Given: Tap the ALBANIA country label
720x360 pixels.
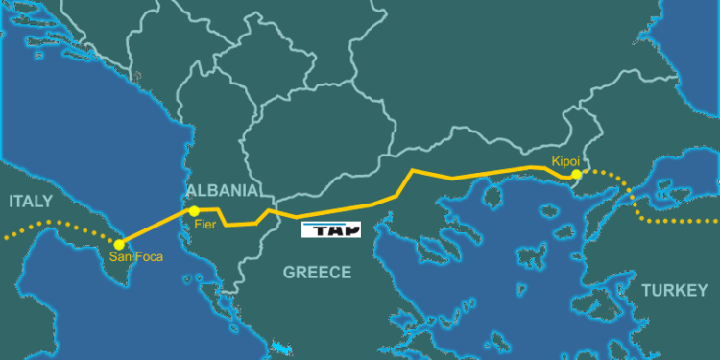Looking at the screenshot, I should [223, 190].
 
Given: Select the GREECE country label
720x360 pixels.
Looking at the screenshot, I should [317, 273].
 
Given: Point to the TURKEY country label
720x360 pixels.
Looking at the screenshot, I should [674, 290].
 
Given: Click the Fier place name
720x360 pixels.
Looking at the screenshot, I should [205, 224].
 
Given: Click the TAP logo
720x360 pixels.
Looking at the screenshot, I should [330, 230].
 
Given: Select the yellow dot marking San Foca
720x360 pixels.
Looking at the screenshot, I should [119, 244].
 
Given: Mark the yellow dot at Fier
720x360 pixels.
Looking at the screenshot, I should [194, 210].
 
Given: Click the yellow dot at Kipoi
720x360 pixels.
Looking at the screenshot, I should [576, 175].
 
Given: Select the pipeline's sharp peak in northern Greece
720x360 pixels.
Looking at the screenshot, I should [413, 170].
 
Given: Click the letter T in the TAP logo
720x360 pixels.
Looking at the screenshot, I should [313, 230].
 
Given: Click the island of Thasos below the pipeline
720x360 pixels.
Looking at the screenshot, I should [493, 198].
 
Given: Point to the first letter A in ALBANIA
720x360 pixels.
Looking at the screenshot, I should [195, 190].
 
